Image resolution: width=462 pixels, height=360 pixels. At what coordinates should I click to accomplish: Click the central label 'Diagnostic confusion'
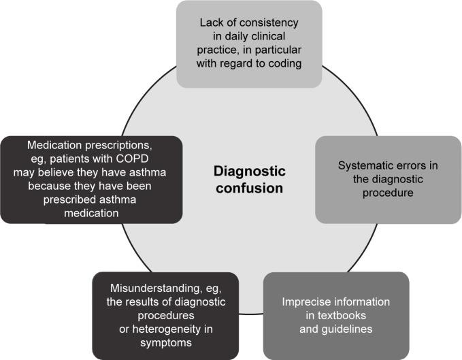pos(250,178)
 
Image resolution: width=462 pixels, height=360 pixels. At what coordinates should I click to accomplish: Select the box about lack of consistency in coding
pos(249,44)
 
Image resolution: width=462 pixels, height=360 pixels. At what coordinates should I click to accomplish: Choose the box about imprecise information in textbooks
pos(336,316)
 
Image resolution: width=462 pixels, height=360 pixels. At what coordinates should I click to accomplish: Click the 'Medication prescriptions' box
pos(91,179)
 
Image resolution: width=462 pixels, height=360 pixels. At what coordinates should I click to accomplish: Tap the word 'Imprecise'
pos(302,302)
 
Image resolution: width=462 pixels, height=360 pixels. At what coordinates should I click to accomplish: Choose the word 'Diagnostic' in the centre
pos(250,170)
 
